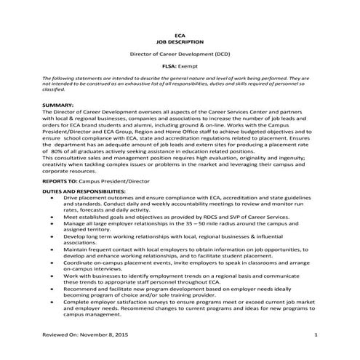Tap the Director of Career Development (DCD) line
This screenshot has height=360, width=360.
pos(181,55)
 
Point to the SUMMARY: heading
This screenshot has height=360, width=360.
pos(58,105)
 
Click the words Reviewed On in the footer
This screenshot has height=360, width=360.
pos(63,335)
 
